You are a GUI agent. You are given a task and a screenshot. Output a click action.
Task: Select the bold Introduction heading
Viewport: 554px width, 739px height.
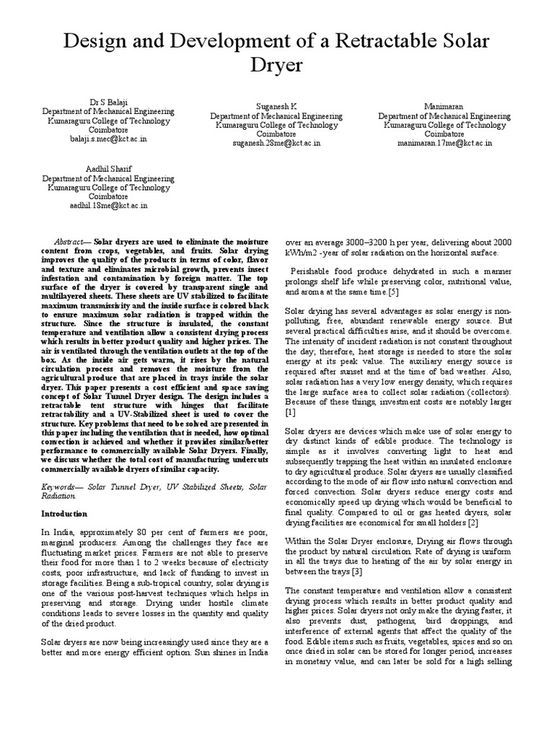[x=63, y=514]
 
